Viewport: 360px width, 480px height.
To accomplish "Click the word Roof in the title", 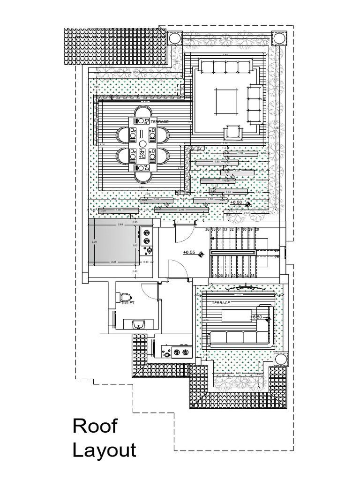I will pos(95,427).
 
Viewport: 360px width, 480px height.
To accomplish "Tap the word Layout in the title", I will pos(104,450).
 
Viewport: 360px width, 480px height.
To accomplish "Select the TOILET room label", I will pos(127,303).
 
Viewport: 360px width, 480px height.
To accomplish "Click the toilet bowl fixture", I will pos(125,296).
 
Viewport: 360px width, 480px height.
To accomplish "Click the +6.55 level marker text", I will pos(189,252).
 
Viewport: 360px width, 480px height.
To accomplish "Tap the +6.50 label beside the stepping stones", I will pos(236,202).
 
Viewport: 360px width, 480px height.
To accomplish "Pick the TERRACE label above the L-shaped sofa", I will pos(221,303).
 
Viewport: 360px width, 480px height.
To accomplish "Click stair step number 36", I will pos(207,229).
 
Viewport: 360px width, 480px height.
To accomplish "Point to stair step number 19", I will pos(215,276).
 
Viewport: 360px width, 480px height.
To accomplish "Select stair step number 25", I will pos(253,276).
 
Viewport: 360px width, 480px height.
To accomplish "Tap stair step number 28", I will pos(256,229).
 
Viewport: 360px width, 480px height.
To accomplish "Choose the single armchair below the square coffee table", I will pos(233,132).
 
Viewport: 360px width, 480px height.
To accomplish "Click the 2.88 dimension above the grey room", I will pos(120,225).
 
